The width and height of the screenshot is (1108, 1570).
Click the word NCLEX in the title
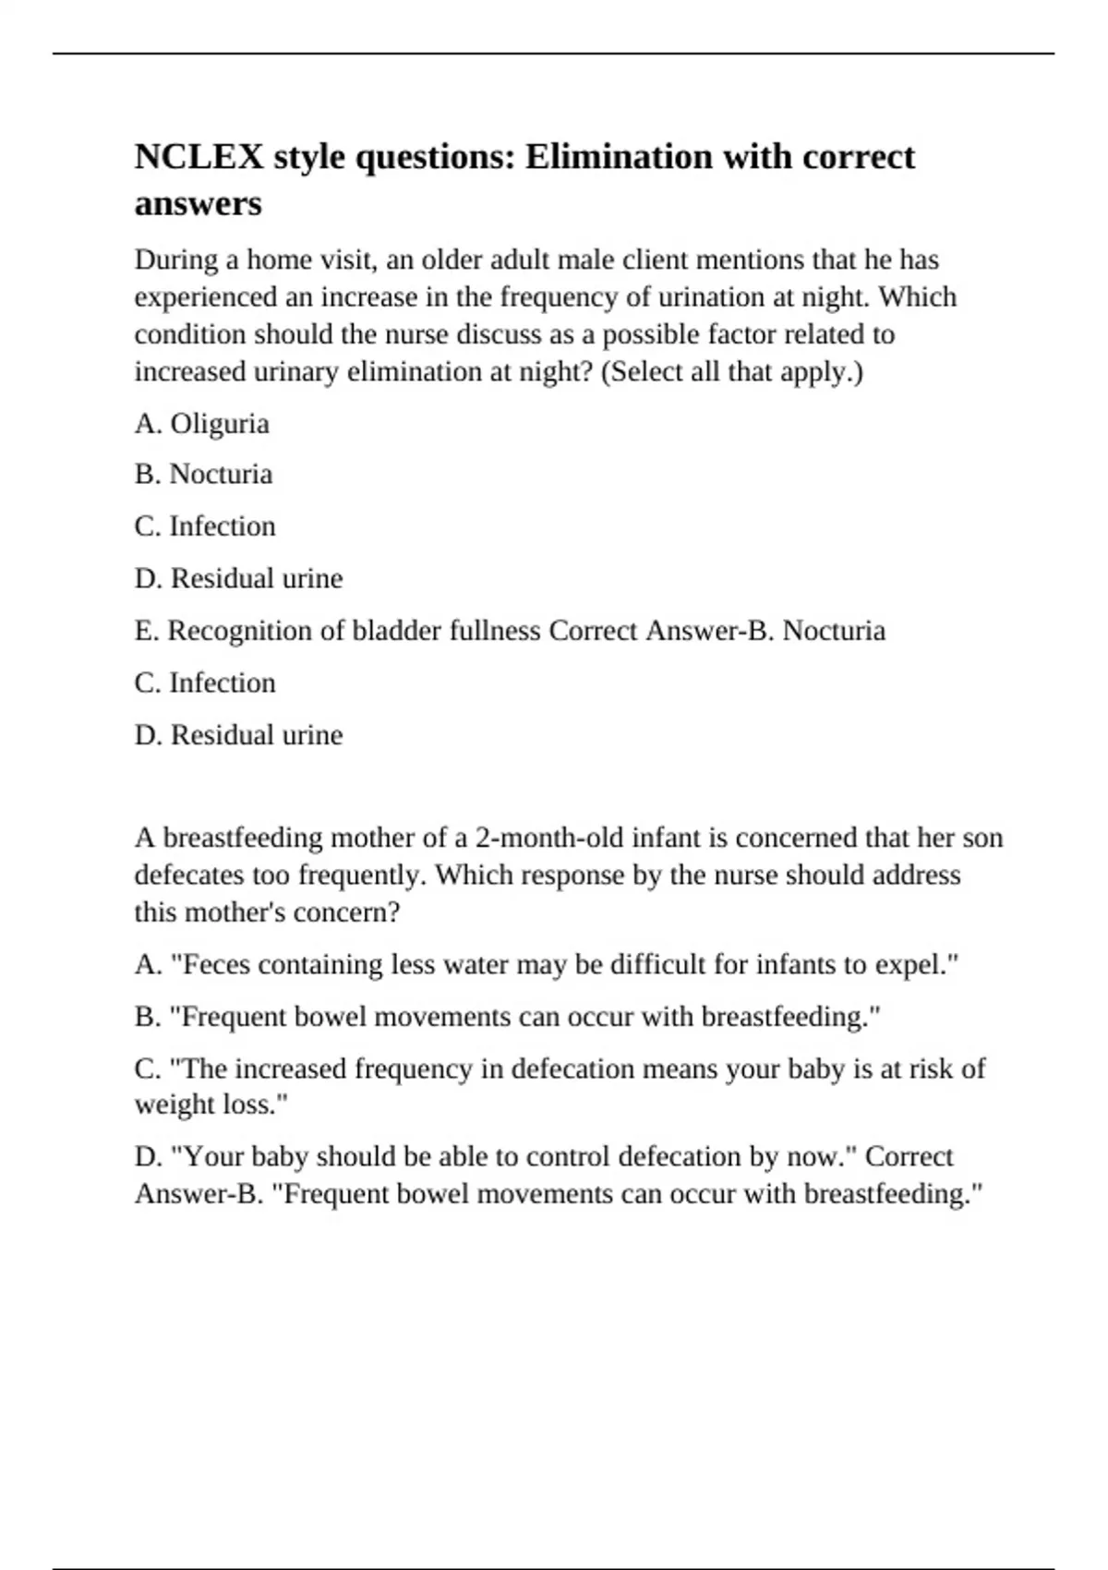click(199, 157)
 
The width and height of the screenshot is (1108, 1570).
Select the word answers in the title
click(198, 203)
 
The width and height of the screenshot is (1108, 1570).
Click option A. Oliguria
click(202, 423)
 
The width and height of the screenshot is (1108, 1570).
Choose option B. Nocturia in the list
click(203, 474)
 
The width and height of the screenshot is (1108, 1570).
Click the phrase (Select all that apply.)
click(732, 371)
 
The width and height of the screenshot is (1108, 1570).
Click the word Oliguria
click(220, 423)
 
